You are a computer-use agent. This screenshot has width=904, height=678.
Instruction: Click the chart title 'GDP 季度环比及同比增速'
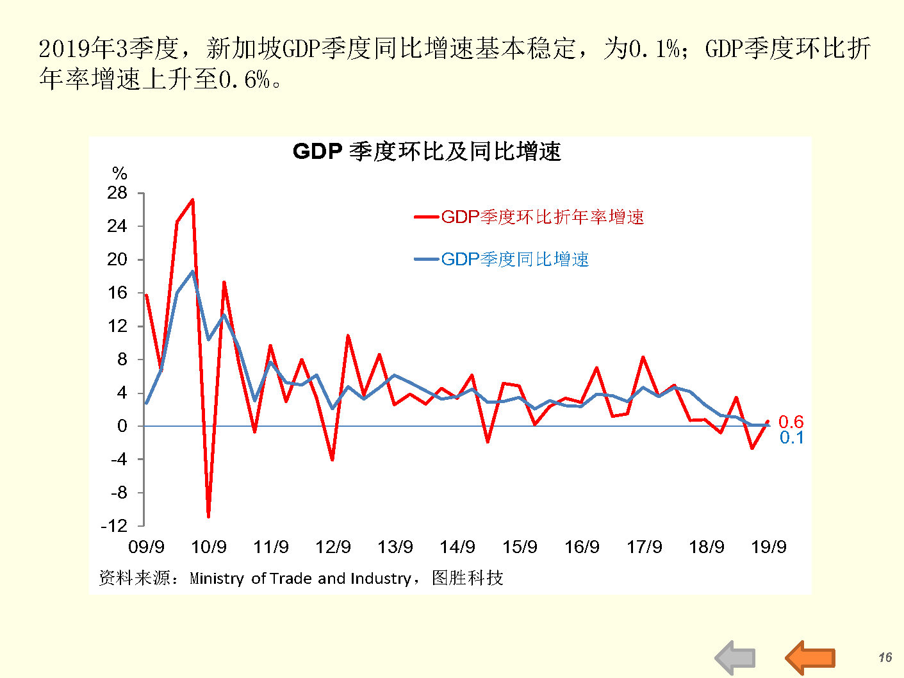tap(427, 152)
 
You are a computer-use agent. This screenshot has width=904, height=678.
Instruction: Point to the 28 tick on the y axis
tap(117, 193)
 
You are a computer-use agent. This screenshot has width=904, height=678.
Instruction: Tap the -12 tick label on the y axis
tap(115, 526)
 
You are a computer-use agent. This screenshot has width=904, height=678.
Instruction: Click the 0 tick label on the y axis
tap(122, 426)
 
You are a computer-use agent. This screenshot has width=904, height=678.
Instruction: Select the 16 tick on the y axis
tap(117, 293)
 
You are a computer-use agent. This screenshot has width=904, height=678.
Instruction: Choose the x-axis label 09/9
tap(146, 547)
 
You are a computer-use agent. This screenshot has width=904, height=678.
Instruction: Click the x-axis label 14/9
tap(457, 547)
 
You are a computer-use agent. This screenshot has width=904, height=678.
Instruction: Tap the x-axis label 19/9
tap(768, 547)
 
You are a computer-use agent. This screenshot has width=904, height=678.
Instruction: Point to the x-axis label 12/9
tap(333, 547)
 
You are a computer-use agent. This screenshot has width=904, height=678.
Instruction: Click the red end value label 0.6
tap(791, 422)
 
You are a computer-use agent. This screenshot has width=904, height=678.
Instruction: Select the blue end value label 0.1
tap(791, 438)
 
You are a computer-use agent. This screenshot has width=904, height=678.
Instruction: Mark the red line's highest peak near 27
tap(192, 200)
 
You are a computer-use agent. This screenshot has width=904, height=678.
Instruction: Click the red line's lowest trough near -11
tap(208, 516)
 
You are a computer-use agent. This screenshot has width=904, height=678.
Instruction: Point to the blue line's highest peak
tap(192, 272)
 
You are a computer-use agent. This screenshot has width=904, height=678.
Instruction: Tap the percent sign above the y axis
tap(120, 174)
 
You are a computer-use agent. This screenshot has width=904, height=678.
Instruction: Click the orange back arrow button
tap(810, 657)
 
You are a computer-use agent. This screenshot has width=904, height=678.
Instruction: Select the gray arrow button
tap(736, 657)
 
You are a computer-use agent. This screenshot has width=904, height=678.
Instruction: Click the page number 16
tap(885, 657)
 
